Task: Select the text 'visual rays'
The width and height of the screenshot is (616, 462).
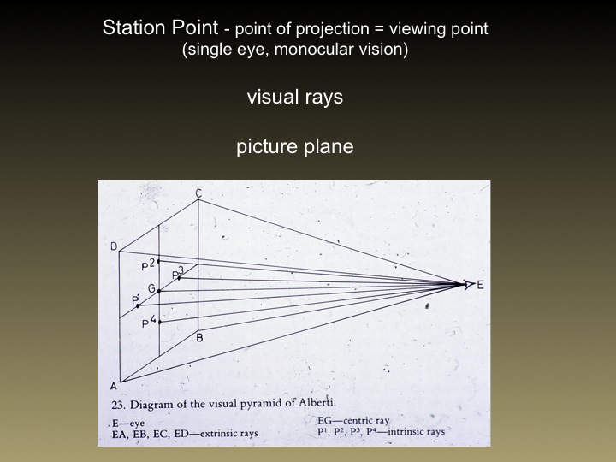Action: (x=295, y=97)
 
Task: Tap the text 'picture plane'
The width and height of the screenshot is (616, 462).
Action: (x=295, y=147)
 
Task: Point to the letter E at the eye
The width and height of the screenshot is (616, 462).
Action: (x=480, y=284)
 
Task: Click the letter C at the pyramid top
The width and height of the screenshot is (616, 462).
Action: (x=198, y=193)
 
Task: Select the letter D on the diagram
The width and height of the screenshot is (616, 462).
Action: (x=114, y=247)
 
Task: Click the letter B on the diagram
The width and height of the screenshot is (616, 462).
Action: (x=199, y=338)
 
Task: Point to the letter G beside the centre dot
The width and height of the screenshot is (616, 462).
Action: (x=151, y=288)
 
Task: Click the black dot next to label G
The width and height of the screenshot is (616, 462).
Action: (x=159, y=292)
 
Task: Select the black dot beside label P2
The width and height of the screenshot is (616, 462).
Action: (x=159, y=261)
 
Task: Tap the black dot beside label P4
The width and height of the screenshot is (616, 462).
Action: (x=159, y=323)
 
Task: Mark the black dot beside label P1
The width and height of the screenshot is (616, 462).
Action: (x=138, y=305)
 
